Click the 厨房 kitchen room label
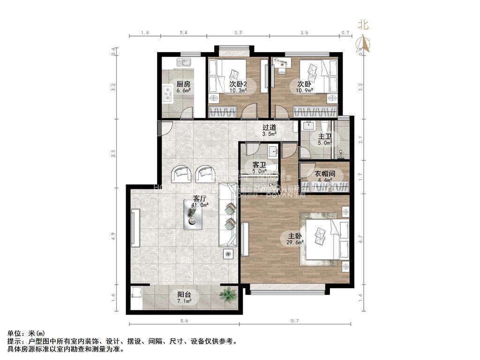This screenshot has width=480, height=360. tap(183, 84)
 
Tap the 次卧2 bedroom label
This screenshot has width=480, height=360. tap(238, 84)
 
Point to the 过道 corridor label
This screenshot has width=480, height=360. tap(269, 127)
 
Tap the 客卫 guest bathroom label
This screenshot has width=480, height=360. tap(259, 165)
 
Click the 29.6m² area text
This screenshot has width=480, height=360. tap(296, 242)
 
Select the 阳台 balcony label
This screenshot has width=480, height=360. tap(184, 295)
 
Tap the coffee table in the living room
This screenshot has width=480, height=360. tap(193, 217)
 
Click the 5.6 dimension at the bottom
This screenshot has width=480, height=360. tap(183, 321)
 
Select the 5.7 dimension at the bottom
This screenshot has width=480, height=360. tap(294, 321)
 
